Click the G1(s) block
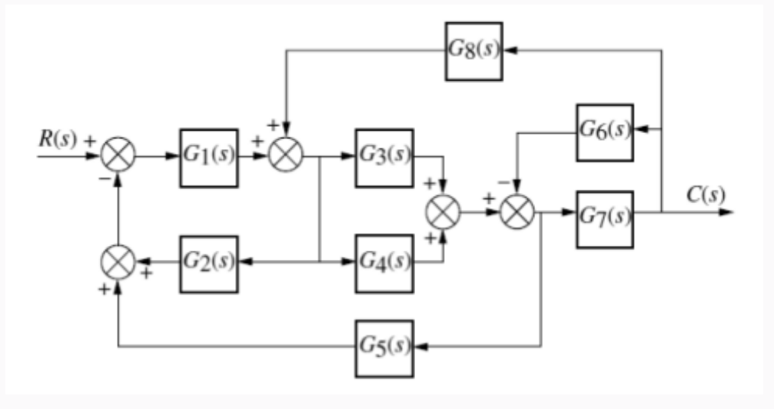tap(209, 158)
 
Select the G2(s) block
tap(209, 264)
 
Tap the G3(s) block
tap(384, 158)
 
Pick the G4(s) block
tap(384, 264)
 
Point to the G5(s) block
tap(384, 347)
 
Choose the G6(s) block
tap(605, 132)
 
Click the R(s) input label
tap(56, 140)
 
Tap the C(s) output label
tap(706, 193)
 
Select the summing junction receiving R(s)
tap(118, 158)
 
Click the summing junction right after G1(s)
tap(286, 158)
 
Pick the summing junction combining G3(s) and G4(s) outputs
tap(443, 211)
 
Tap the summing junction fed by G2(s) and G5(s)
tap(118, 264)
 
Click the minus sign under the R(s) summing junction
tap(101, 177)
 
